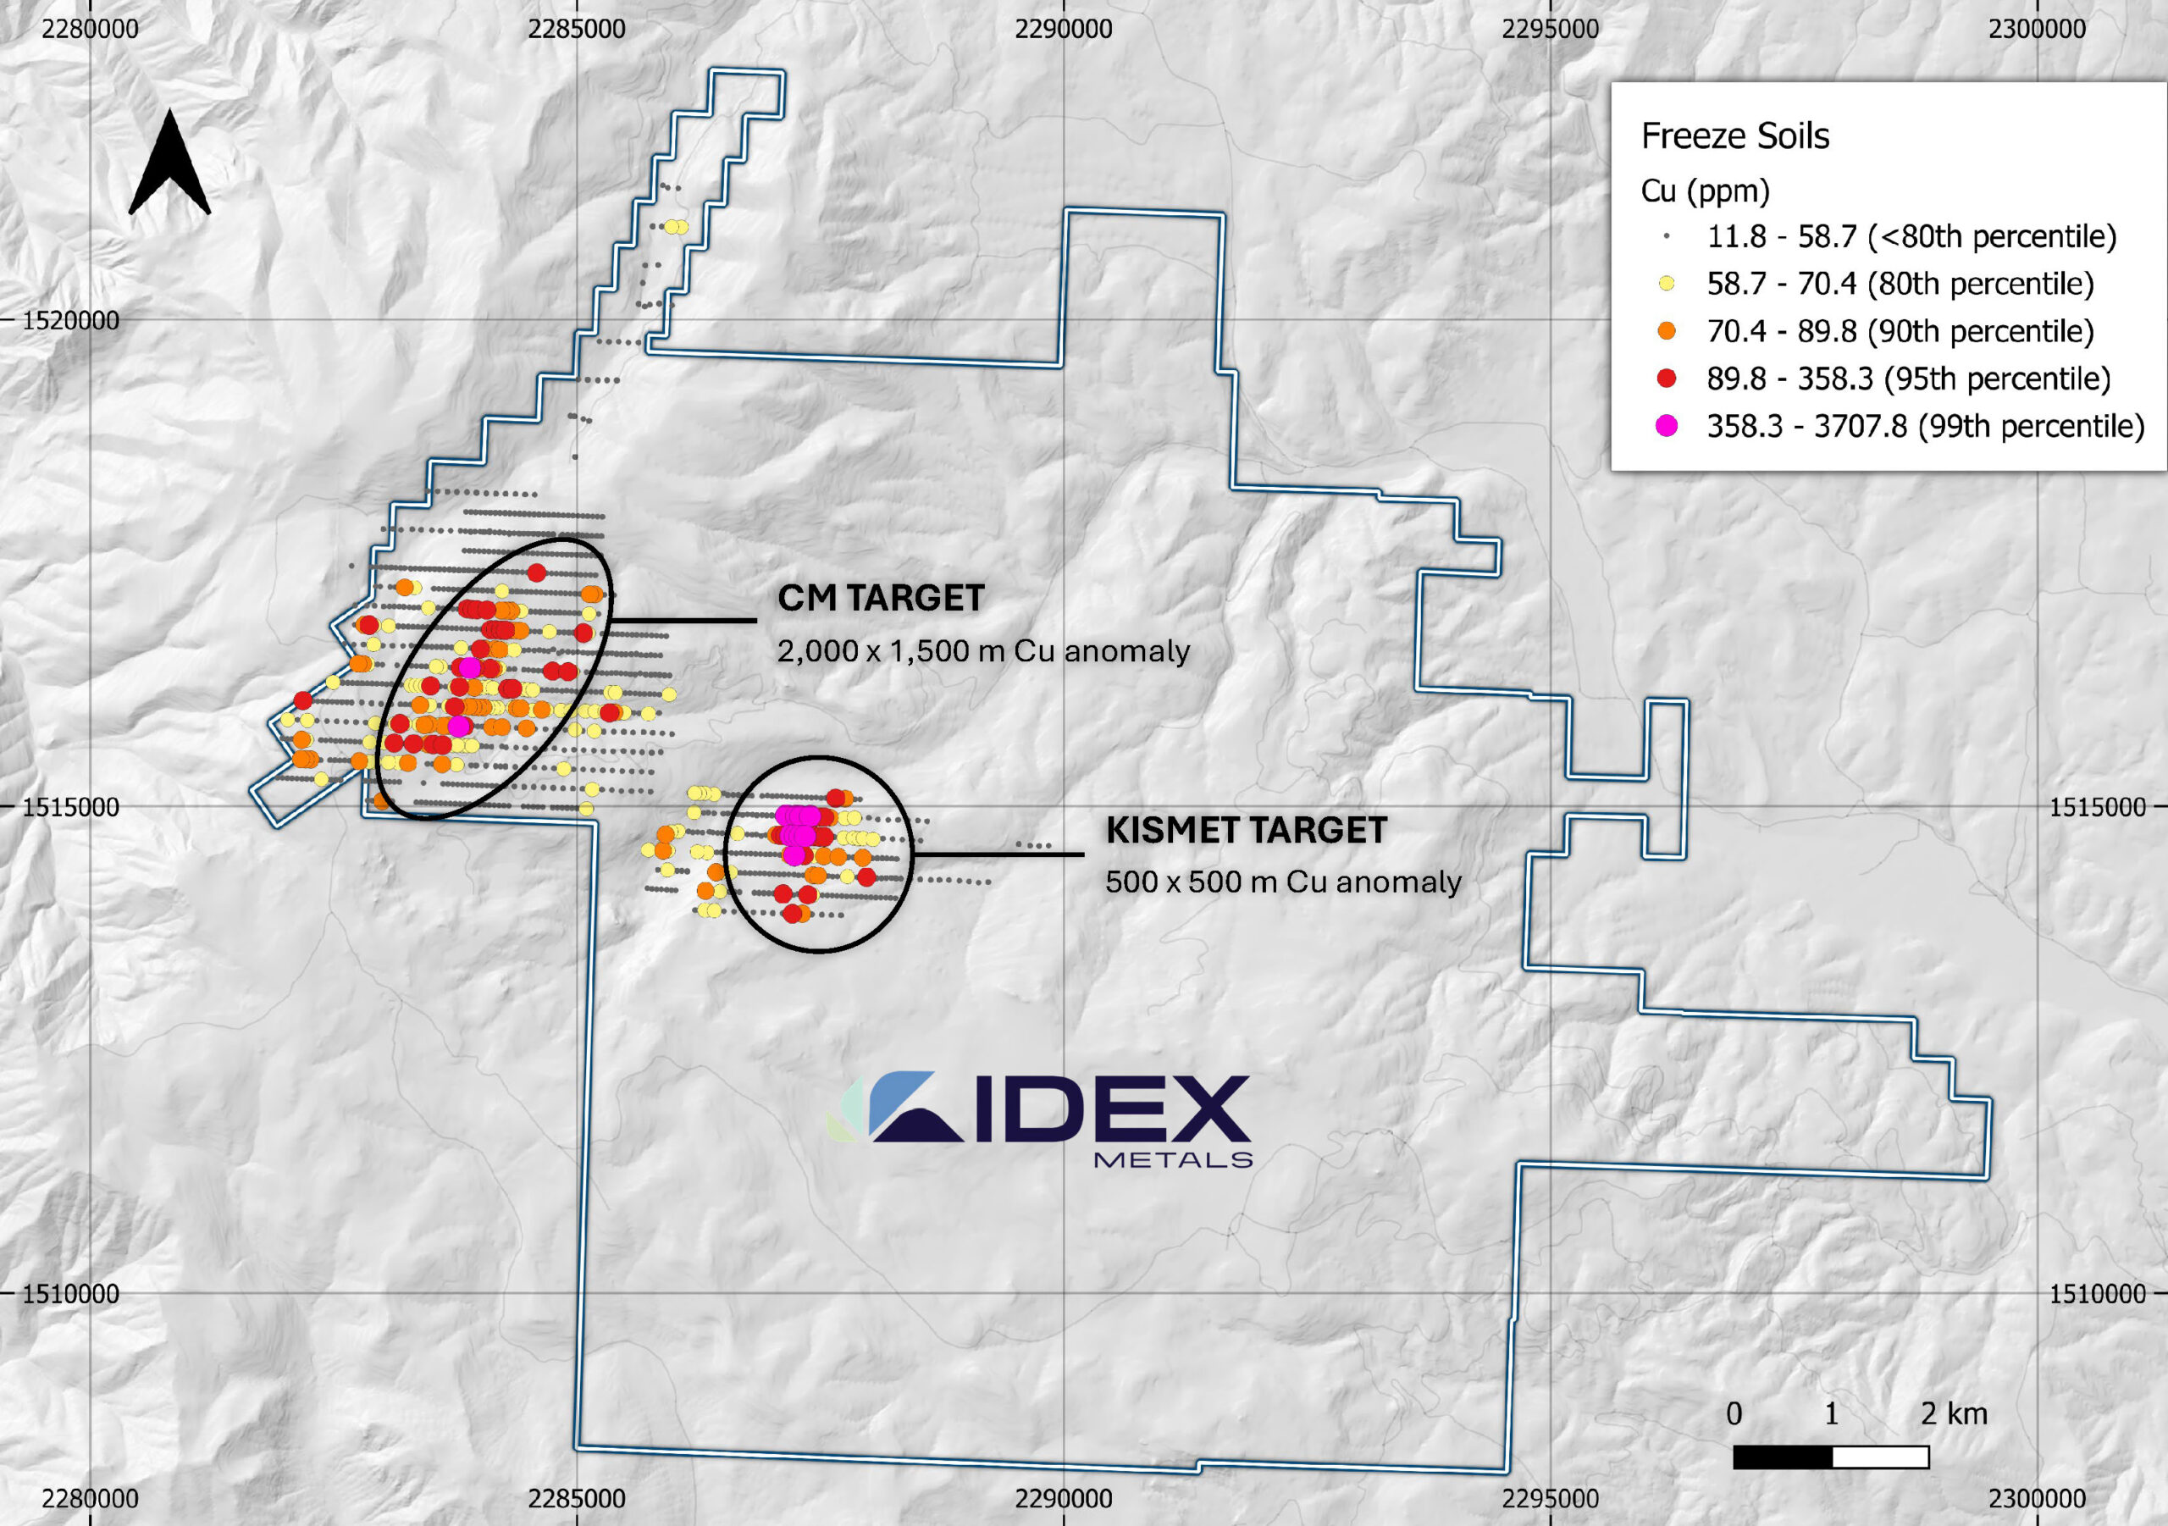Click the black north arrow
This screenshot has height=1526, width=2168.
coord(169,165)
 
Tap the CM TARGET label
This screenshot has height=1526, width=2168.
coord(880,598)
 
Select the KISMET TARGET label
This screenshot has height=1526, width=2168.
coord(1246,830)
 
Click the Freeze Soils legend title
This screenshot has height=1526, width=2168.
coord(1734,136)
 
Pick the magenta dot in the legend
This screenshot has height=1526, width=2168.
coord(1667,426)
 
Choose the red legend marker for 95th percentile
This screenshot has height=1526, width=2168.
coord(1667,379)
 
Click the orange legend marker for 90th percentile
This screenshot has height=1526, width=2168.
coord(1667,331)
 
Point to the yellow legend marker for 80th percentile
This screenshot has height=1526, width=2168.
coord(1667,284)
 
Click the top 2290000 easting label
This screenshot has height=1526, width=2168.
coord(1063,30)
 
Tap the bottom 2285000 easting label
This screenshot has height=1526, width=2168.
coord(576,1498)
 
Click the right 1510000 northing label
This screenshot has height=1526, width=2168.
coord(2097,1293)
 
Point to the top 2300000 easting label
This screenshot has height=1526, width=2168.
coord(2037,30)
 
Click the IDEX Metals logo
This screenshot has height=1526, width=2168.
coord(1038,1119)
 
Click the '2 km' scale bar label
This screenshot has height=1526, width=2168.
coord(1954,1413)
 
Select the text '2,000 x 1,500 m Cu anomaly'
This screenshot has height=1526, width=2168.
coord(983,651)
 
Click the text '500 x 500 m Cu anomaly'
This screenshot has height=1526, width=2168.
coord(1282,882)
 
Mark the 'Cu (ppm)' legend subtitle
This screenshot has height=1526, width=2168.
coord(1705,191)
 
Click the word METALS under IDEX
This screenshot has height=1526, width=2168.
coord(1172,1158)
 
